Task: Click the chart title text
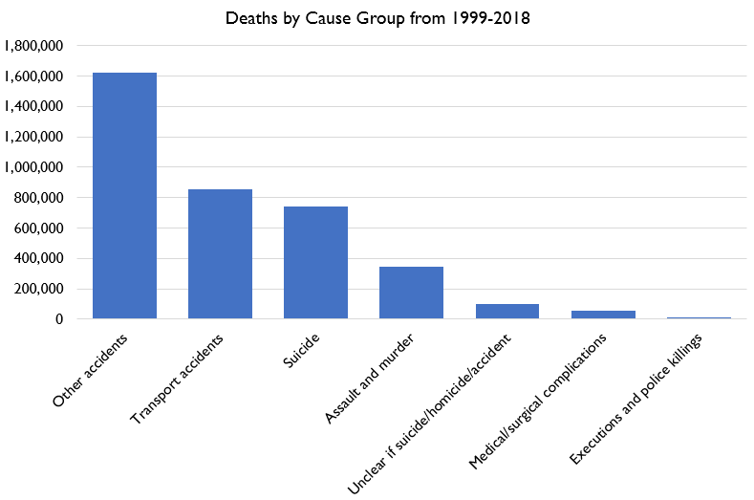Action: click(x=377, y=18)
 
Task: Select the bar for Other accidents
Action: click(x=124, y=196)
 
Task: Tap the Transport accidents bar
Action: click(x=220, y=254)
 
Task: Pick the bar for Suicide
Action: click(x=315, y=263)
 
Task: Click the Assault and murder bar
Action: click(x=411, y=293)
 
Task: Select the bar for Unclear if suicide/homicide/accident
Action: click(x=506, y=312)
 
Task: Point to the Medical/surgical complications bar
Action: click(x=602, y=315)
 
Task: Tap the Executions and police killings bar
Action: click(x=698, y=317)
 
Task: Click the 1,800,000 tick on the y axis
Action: click(x=34, y=46)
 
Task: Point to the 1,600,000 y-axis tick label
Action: click(x=34, y=76)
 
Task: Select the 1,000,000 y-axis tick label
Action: click(x=34, y=167)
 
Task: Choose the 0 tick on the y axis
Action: click(x=59, y=319)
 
